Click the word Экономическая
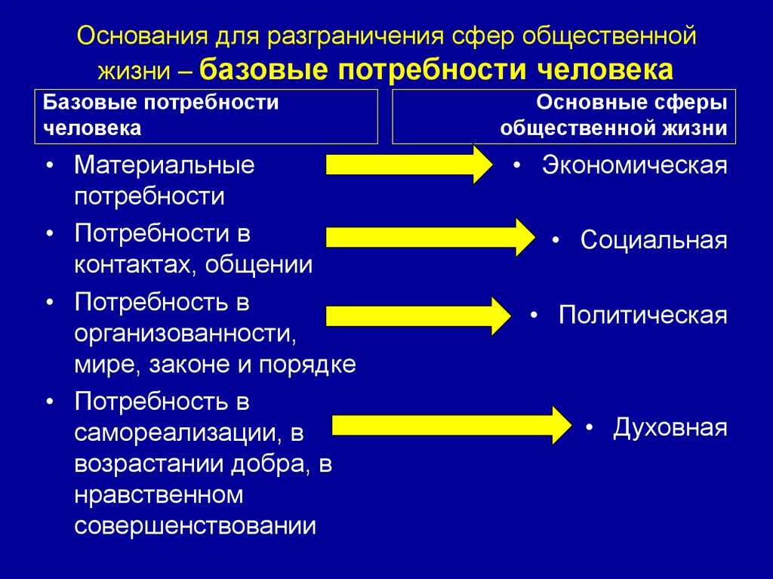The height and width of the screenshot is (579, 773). [x=634, y=165]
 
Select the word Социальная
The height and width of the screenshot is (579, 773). [x=654, y=240]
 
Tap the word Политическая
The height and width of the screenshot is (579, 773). [x=643, y=315]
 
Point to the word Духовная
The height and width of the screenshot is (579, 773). [x=670, y=427]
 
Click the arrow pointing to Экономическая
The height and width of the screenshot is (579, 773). [x=409, y=165]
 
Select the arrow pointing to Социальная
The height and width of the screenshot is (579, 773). [x=430, y=237]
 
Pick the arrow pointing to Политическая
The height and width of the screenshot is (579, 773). [x=418, y=316]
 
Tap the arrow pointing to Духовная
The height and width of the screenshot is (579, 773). [x=452, y=425]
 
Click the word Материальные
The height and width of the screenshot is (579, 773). [x=164, y=165]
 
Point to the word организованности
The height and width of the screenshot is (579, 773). [x=186, y=334]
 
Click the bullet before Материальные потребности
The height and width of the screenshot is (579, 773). [x=49, y=166]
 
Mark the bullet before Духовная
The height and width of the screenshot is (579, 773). [x=589, y=427]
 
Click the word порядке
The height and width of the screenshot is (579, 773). [x=307, y=365]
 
